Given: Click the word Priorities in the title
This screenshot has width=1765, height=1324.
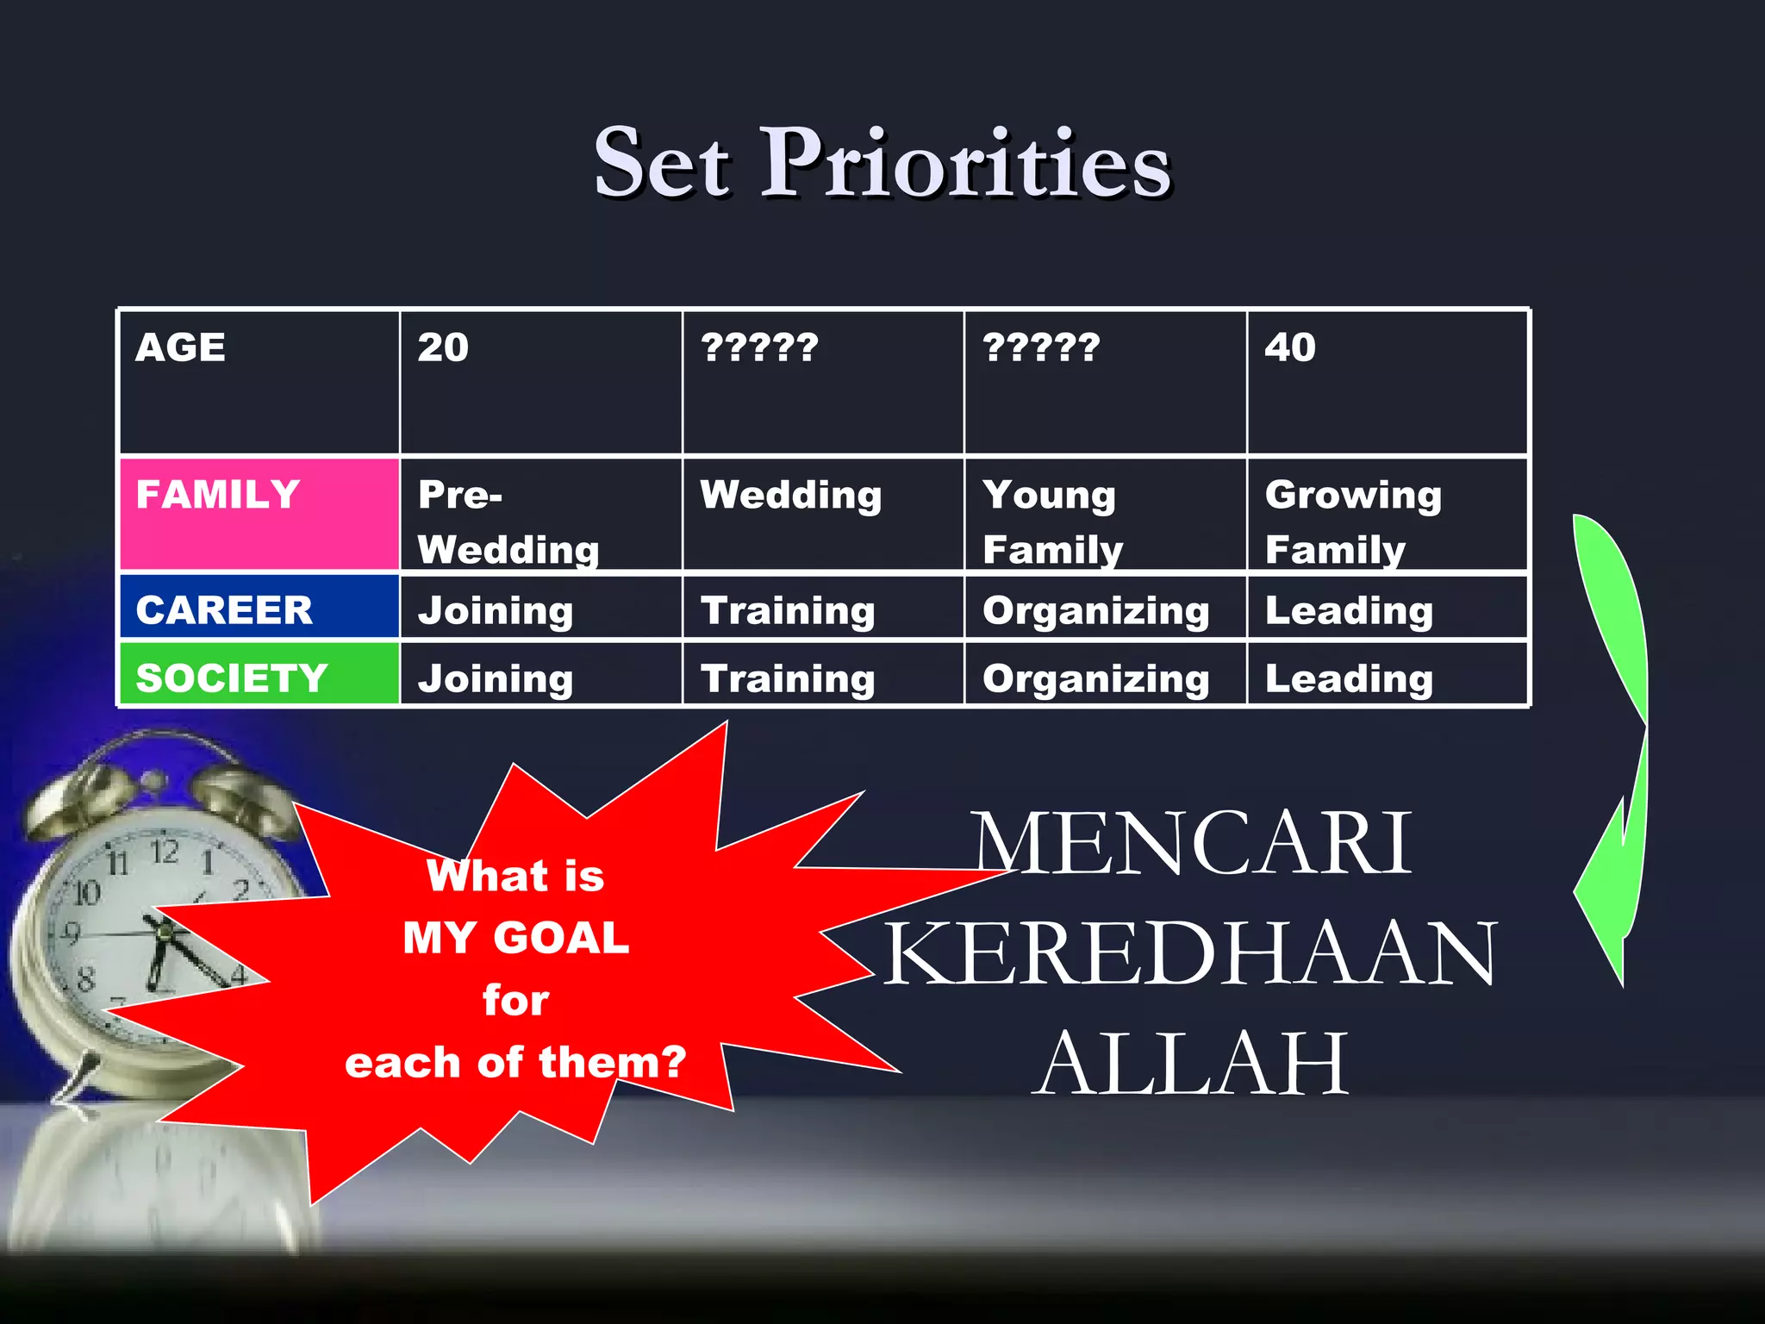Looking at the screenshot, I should click(965, 164).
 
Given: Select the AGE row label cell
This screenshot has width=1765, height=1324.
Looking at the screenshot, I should click(259, 381).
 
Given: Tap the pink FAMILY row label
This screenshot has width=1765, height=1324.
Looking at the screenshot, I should click(259, 514).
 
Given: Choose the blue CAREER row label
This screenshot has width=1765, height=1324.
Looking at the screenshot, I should click(259, 609).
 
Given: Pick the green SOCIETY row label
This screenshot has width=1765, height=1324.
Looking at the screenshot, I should click(259, 676).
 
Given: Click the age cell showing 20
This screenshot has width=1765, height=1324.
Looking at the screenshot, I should click(540, 381).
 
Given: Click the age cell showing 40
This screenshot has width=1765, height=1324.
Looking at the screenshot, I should click(1387, 381).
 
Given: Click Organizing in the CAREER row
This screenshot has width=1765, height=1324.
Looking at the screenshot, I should click(1095, 610).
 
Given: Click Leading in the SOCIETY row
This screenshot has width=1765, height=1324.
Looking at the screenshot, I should click(1349, 678).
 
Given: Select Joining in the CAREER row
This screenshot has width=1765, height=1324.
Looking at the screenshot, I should click(496, 610).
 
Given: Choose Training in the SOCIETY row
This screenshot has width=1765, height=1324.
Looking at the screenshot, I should click(788, 678).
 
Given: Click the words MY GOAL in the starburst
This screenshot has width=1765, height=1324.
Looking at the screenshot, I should click(515, 938).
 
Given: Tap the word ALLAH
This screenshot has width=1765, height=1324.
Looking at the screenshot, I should click(1193, 1064).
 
